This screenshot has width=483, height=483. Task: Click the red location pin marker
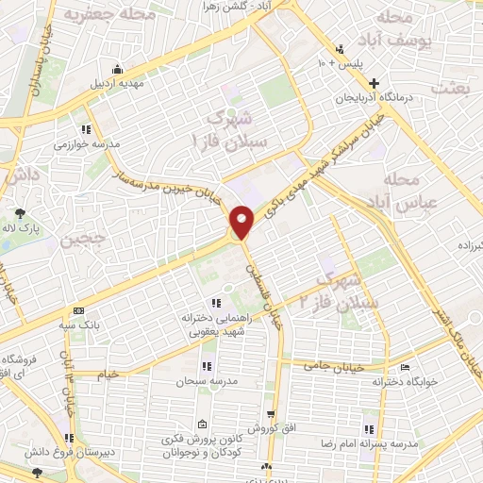click(x=242, y=222)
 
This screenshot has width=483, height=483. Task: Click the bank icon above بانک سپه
click(x=78, y=310)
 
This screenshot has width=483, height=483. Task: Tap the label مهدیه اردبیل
click(x=116, y=84)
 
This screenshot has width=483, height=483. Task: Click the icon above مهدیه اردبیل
click(x=116, y=69)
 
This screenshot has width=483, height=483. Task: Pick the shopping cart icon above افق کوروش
click(x=271, y=414)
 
